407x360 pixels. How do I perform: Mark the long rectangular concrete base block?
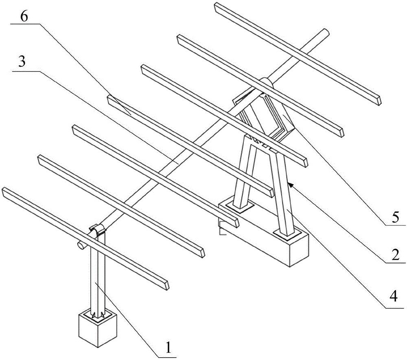(269, 236)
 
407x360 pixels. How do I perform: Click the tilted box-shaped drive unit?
(267, 112)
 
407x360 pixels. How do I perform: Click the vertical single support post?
(98, 277)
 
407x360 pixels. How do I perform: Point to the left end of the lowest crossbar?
(5, 191)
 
